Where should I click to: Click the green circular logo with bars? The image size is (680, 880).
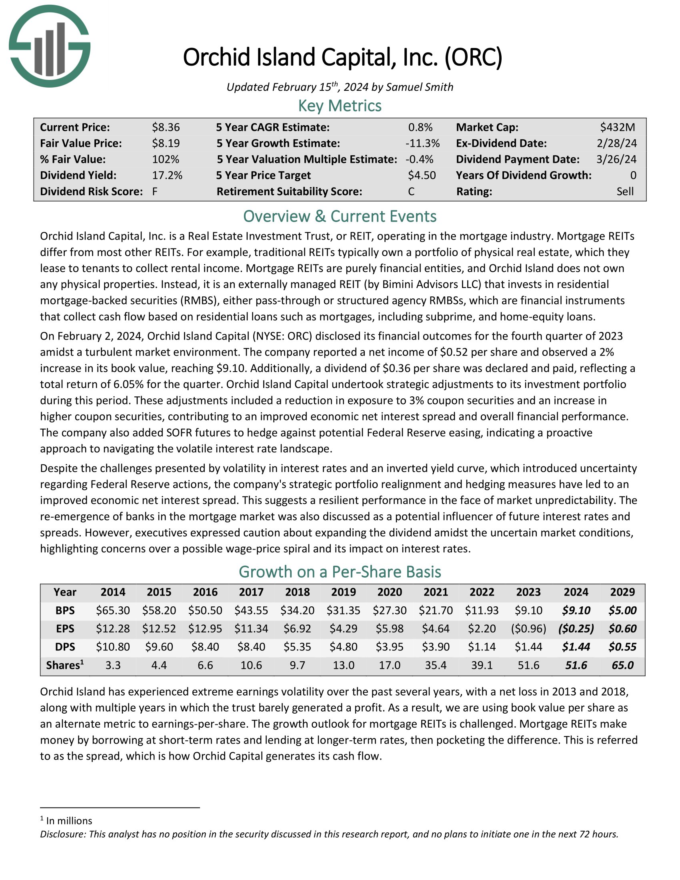(50, 46)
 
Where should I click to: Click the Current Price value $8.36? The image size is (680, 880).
(166, 128)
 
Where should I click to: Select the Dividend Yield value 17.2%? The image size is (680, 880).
(167, 175)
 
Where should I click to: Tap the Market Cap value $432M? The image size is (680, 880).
(617, 128)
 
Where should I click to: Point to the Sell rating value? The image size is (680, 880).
(625, 191)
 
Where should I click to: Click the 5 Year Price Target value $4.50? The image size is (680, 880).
(421, 175)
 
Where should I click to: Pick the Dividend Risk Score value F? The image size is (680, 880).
(155, 191)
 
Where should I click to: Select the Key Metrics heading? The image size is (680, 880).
(340, 106)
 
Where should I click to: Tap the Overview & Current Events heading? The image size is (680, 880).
(340, 216)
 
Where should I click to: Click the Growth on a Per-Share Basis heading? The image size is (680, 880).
(340, 572)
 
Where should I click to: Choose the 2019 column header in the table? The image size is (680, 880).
(343, 592)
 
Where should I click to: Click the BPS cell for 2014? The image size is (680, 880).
(113, 610)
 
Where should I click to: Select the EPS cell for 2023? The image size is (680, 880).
(528, 628)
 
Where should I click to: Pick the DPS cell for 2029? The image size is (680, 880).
(622, 647)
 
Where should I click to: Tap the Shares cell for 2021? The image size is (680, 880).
(436, 665)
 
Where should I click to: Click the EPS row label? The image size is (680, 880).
(65, 628)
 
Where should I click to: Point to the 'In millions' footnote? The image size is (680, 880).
(69, 821)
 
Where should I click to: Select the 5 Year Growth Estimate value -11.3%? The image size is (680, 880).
(422, 144)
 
